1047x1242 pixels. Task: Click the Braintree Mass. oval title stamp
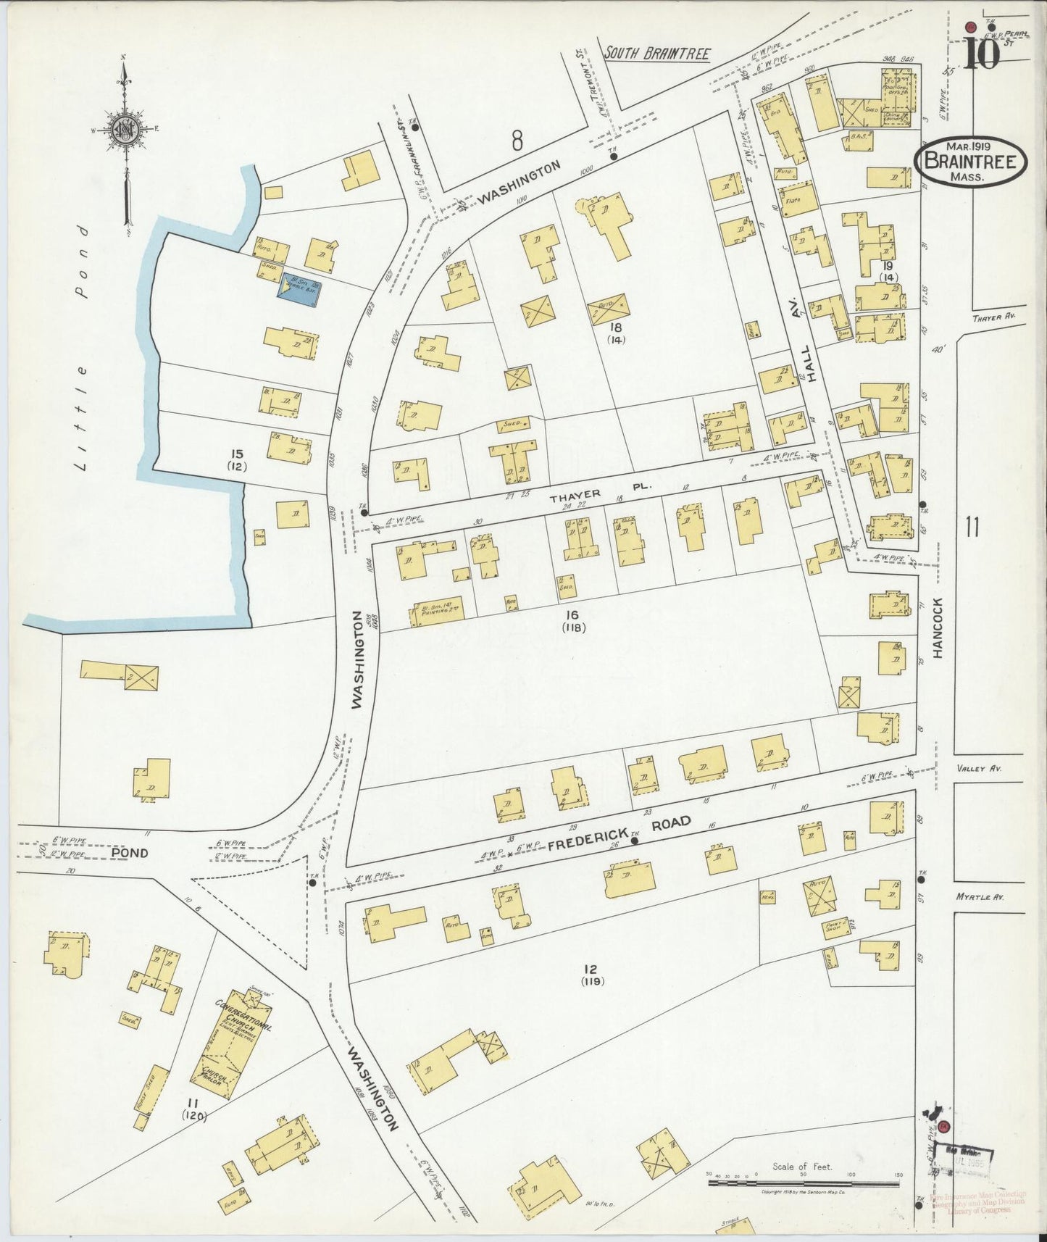(970, 162)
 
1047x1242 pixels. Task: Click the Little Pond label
(83, 348)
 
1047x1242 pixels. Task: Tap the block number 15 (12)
(236, 459)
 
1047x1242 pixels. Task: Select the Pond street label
(130, 853)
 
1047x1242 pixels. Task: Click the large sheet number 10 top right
(982, 53)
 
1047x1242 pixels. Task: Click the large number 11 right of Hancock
(971, 527)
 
